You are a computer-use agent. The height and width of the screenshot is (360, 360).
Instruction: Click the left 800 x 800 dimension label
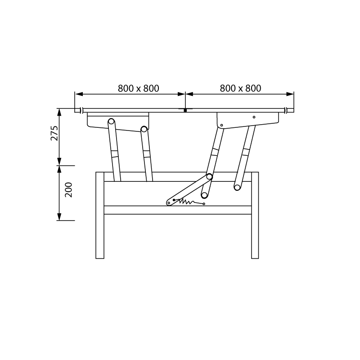tap(139, 88)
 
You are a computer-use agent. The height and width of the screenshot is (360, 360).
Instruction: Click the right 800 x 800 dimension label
tap(240, 88)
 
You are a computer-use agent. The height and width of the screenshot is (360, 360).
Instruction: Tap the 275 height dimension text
tap(54, 133)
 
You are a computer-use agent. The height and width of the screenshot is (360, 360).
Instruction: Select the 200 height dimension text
tap(68, 190)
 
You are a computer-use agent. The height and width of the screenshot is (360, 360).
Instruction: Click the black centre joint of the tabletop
tap(185, 110)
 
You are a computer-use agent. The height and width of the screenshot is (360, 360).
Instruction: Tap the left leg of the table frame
tap(100, 215)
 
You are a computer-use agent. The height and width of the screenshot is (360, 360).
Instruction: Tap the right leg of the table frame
tap(255, 215)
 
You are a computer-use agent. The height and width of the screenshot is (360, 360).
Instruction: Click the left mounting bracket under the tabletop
tap(118, 121)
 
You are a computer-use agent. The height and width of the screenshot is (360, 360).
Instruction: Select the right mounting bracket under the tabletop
tap(248, 120)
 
